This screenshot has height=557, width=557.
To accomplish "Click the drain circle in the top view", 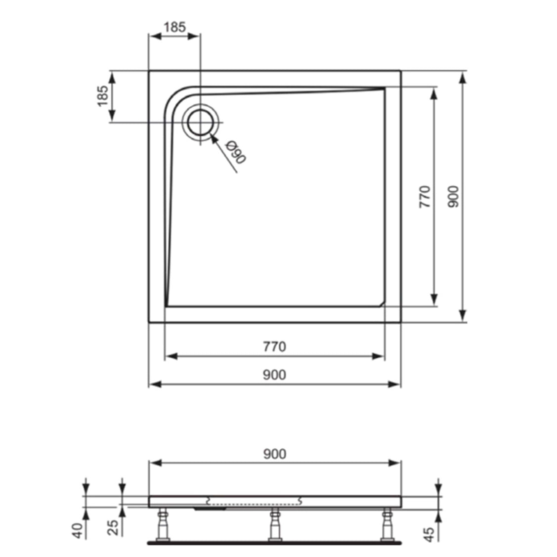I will [200, 122].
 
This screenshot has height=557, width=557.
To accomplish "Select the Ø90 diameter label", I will [235, 153].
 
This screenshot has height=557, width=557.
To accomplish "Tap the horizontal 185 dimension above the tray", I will [175, 27].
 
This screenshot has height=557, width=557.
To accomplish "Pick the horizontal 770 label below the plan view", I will [274, 346].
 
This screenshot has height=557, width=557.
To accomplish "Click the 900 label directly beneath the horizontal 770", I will [274, 375].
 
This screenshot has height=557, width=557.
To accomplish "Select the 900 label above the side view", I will [274, 453].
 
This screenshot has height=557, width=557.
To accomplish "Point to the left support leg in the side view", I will [162, 526].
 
